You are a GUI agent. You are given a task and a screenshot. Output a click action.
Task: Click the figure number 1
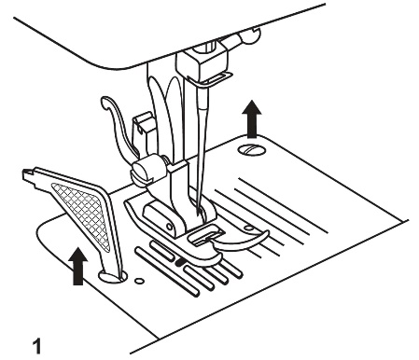coord(37,347)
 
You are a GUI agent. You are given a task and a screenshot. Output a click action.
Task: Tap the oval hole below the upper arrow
coord(252,149)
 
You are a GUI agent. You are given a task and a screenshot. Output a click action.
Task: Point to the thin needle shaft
coord(199,159)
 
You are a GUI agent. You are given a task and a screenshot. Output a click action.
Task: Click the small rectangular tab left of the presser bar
coord(144,126)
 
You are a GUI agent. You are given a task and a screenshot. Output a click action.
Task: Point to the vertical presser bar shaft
coord(158,112)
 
